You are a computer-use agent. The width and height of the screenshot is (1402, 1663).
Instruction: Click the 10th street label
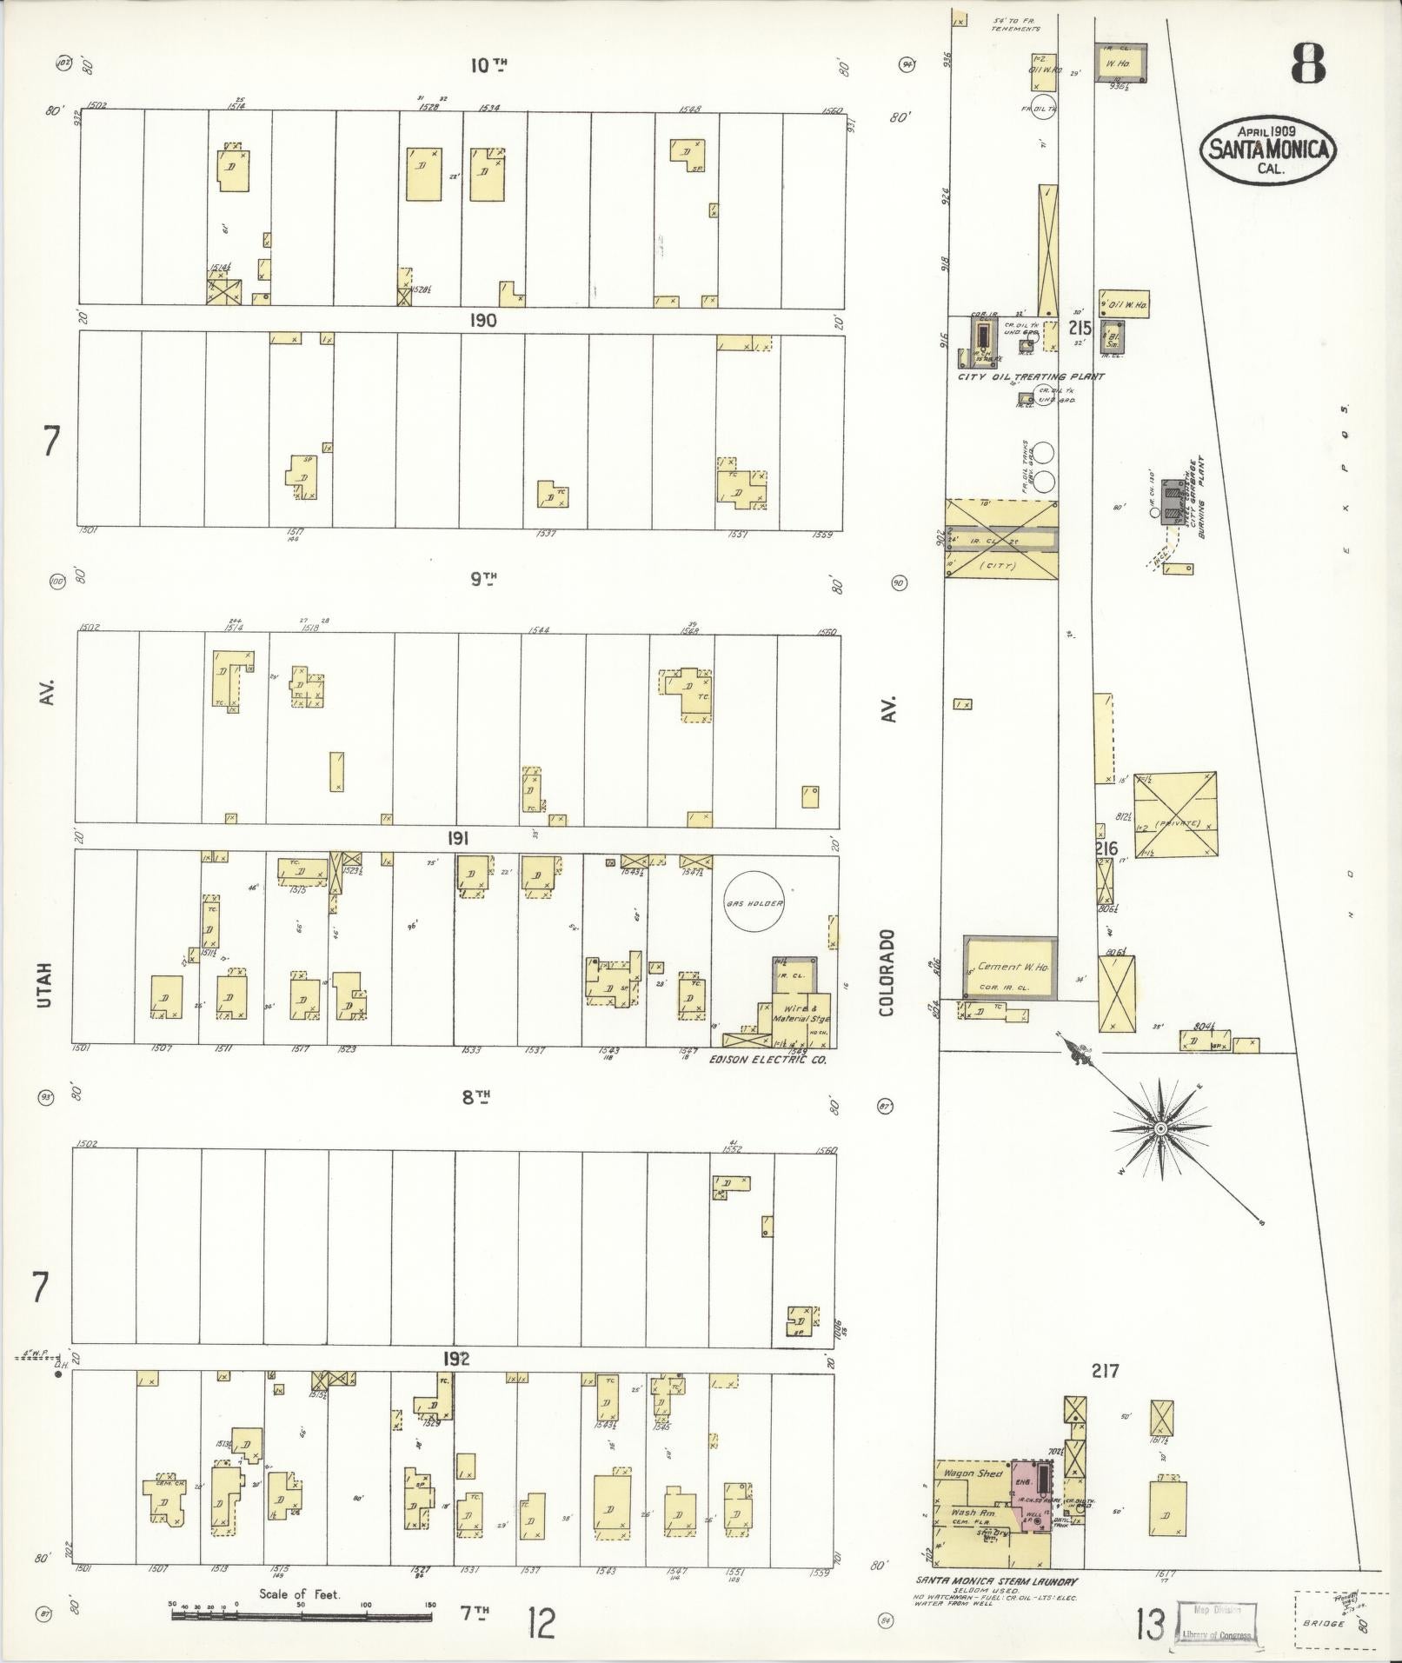(488, 64)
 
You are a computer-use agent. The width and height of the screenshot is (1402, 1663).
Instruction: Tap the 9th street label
(482, 578)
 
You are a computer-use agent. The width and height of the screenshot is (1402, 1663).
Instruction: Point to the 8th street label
(474, 1097)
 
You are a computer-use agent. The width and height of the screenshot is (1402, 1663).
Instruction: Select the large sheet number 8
(1307, 63)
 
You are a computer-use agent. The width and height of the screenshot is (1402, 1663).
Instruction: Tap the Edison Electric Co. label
(767, 1061)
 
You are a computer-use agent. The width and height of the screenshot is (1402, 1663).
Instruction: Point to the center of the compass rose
(1160, 1128)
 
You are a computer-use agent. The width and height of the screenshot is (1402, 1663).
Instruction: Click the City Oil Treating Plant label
(1030, 376)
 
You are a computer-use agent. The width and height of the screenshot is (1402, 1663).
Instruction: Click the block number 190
(482, 321)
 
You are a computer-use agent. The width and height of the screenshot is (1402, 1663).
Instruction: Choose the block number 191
(458, 839)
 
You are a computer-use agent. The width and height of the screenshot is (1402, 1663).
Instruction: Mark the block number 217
(1106, 1371)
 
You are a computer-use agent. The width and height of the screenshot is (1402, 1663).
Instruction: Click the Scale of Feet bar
(302, 1617)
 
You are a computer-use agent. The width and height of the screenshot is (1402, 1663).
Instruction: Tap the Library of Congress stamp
(1217, 1621)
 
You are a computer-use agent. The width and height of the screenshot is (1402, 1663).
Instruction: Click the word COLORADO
(887, 973)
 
